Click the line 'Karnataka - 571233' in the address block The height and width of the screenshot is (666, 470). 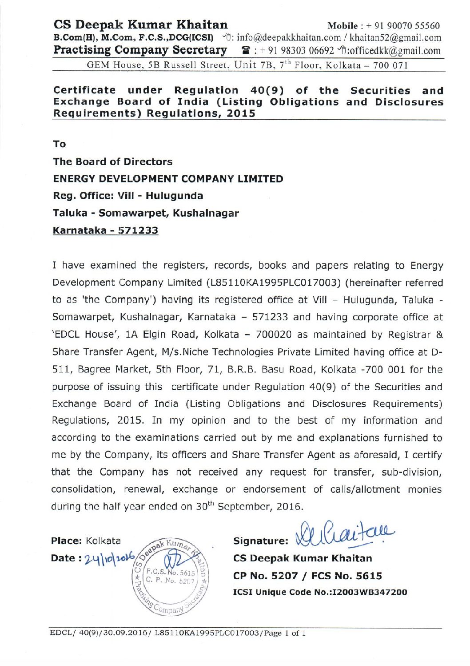point(105,230)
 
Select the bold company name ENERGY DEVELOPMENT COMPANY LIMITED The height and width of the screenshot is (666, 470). point(168,179)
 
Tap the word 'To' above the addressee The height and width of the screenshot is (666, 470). point(59,144)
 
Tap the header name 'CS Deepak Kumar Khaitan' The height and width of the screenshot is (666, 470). point(140,24)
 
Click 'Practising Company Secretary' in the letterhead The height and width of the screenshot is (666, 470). point(140,50)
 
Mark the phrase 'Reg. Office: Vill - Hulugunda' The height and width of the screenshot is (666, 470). point(128,196)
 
